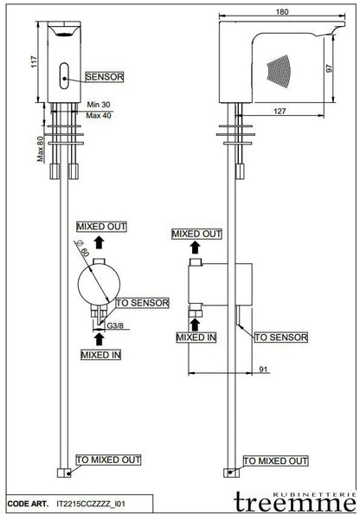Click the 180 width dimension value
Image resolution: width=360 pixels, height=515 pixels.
pos(282,12)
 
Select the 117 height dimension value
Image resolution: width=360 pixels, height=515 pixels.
pos(34,62)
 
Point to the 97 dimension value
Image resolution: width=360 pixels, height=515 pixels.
pos(329,68)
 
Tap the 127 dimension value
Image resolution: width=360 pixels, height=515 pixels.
pos(280,112)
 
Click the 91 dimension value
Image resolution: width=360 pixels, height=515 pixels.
pos(263,370)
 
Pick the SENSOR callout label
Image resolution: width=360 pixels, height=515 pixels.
pos(105,77)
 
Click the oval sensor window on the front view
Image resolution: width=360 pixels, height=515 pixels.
pos(64,75)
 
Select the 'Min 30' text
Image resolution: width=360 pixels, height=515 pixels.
pos(99,105)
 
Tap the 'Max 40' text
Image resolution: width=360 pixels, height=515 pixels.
pos(99,116)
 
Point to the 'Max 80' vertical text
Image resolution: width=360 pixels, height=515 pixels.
pos(40,149)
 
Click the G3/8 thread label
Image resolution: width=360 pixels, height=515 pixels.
pos(115,325)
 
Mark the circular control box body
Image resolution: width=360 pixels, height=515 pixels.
pos(99,285)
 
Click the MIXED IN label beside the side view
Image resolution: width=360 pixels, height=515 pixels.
pos(196,338)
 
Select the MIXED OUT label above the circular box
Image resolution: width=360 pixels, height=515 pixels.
pos(101,227)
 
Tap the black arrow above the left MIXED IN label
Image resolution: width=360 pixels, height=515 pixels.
pos(99,339)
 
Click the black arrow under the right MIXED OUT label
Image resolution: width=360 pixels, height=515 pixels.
pos(196,247)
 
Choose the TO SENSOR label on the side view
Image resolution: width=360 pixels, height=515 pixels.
pos(281,338)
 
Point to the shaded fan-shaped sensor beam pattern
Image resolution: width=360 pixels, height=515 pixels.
pos(280,71)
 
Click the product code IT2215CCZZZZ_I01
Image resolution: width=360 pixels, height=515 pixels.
pos(91,504)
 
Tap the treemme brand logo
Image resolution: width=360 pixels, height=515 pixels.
pos(295,501)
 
